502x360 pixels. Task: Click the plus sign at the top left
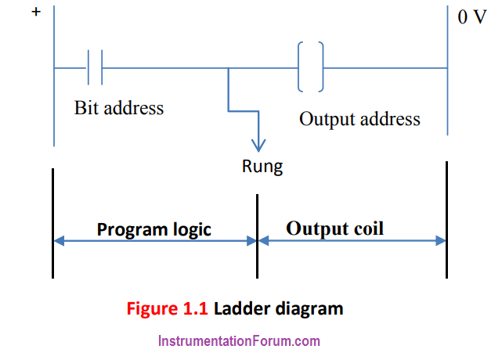[x=36, y=12]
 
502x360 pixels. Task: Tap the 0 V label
[x=472, y=17]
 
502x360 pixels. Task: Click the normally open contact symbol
[x=95, y=67]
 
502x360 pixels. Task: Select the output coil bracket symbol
[x=311, y=67]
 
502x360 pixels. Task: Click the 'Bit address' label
[x=119, y=108]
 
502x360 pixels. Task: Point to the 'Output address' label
[x=359, y=120]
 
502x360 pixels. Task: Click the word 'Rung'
[x=262, y=167]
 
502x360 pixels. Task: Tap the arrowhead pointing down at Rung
[x=258, y=146]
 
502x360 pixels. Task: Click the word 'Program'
[x=132, y=230]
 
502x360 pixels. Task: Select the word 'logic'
[x=192, y=230]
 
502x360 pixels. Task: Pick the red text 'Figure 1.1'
[x=167, y=309]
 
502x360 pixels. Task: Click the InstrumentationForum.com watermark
[x=239, y=341]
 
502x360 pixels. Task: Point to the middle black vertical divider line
[x=257, y=236]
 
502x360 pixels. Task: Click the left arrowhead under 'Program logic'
[x=60, y=240]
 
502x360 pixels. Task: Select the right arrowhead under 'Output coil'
[x=441, y=240]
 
